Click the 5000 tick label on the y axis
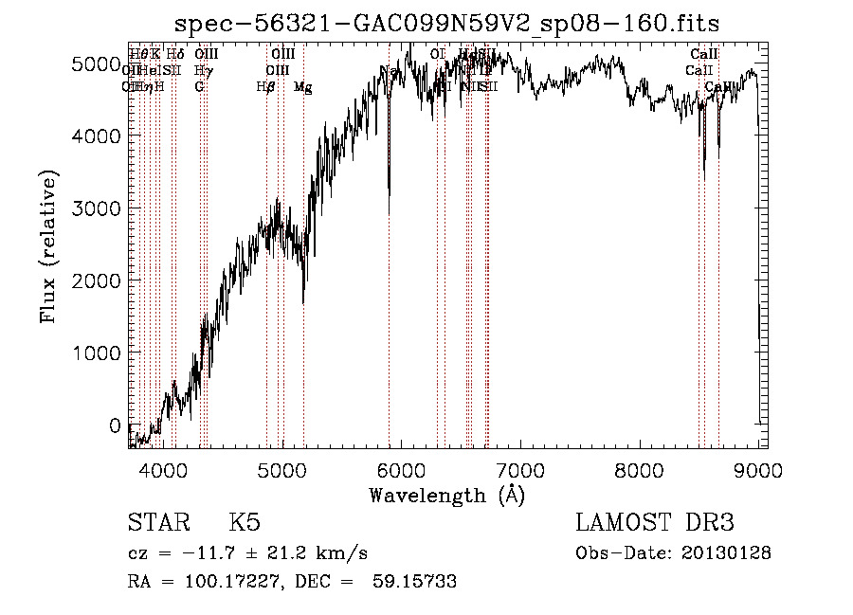[98, 63]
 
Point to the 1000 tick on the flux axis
[98, 353]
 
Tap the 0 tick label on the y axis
[115, 425]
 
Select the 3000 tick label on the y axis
[98, 208]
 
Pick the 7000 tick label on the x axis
[520, 468]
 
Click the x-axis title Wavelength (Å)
[446, 494]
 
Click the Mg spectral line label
[303, 87]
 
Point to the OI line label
[438, 54]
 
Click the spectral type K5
[245, 523]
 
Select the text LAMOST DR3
[655, 523]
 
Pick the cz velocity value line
[247, 553]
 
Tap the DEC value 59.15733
[416, 582]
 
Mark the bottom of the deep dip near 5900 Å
[390, 212]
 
